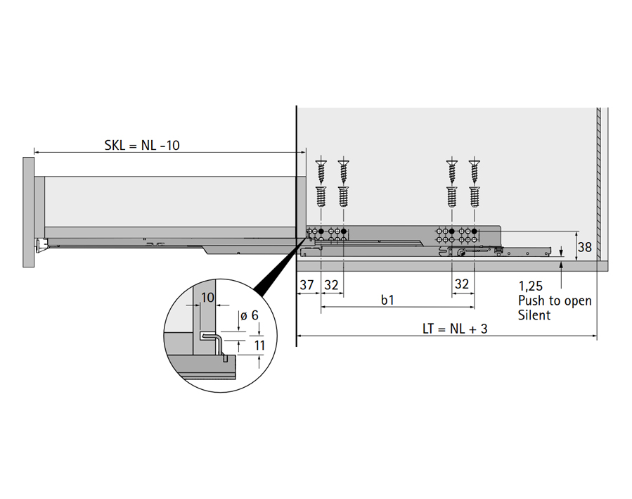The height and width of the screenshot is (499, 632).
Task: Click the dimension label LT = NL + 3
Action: (455, 328)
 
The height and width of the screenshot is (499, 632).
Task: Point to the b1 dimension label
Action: (387, 300)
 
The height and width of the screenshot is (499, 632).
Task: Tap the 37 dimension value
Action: (307, 285)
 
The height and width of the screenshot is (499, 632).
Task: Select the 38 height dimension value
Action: (584, 247)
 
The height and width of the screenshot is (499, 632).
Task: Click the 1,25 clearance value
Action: (531, 286)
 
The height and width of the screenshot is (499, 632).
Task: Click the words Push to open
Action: (555, 301)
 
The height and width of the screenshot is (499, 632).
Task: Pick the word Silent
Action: (534, 315)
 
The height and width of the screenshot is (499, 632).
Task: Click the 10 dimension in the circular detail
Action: (207, 297)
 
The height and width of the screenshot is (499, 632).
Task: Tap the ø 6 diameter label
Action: (249, 316)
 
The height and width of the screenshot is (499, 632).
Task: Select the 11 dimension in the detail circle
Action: (259, 346)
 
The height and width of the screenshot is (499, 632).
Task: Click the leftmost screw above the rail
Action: (321, 182)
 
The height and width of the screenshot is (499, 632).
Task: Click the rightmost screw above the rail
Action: (474, 182)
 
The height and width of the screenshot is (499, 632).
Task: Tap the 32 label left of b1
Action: (332, 285)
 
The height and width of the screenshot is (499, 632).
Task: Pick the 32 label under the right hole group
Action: (462, 285)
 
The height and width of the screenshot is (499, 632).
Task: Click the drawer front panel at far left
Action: (28, 211)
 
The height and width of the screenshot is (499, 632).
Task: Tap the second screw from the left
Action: (344, 182)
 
